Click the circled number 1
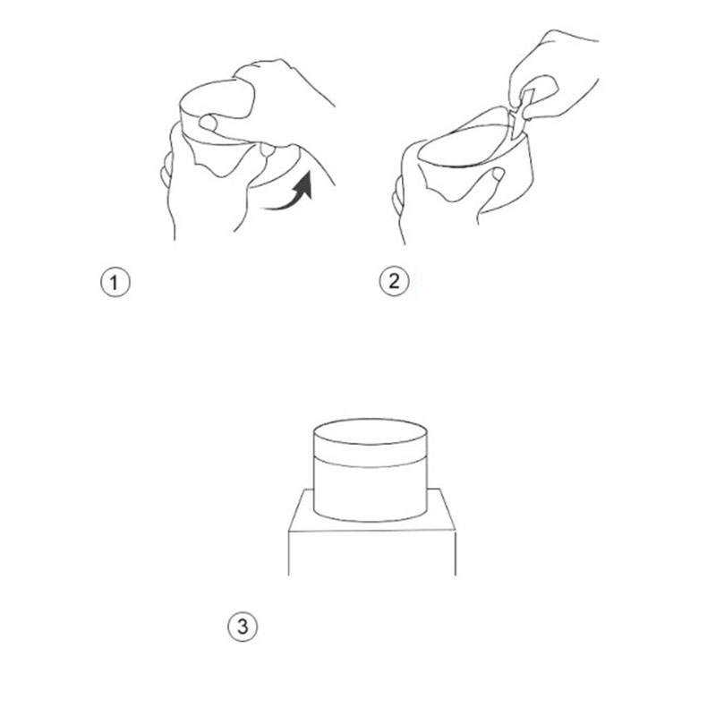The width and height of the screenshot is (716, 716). point(115,282)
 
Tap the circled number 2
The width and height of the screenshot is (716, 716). point(394,281)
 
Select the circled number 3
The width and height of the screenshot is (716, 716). point(243,626)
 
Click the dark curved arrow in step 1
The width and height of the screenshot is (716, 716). point(294,195)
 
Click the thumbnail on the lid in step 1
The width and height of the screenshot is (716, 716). point(208,123)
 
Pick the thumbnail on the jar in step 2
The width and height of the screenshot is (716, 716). point(497,174)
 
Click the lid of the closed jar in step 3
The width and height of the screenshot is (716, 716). point(371,442)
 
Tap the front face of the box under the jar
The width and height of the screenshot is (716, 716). point(371,552)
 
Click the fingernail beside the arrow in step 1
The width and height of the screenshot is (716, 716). point(267,149)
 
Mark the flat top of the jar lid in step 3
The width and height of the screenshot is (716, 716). point(371,431)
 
